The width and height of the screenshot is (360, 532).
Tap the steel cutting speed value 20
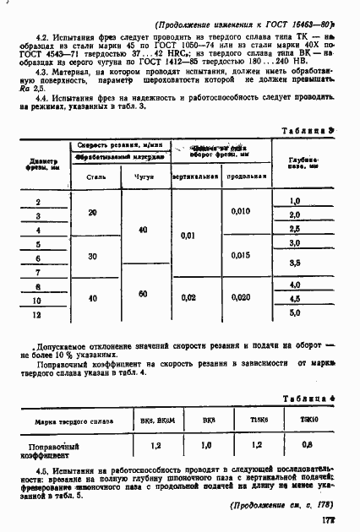pos(92,214)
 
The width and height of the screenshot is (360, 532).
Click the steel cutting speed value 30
pos(92,256)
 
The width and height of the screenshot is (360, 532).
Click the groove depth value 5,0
pos(296,313)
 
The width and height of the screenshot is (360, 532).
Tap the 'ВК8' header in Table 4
pos(208,419)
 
